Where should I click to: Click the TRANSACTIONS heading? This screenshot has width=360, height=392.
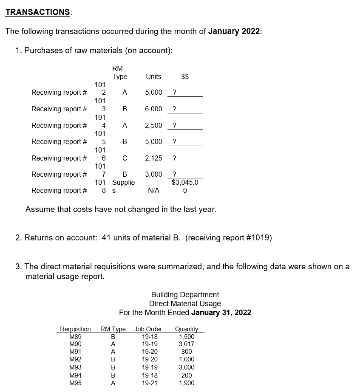click(38, 12)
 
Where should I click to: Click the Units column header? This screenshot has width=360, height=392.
click(153, 76)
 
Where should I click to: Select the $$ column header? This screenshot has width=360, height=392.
click(185, 76)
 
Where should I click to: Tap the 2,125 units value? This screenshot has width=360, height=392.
click(153, 158)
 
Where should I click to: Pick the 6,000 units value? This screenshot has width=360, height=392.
click(153, 109)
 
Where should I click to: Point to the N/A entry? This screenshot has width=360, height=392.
click(153, 191)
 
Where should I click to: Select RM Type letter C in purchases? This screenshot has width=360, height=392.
click(124, 158)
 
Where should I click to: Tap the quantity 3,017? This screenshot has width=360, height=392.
click(187, 344)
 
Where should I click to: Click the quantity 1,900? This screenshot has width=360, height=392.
click(187, 383)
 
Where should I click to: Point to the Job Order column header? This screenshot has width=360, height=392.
click(148, 329)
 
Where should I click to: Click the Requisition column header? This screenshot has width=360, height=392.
click(75, 329)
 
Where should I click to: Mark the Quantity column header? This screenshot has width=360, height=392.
click(187, 329)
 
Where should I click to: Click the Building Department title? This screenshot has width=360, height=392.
click(185, 294)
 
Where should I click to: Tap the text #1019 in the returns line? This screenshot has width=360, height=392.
click(257, 237)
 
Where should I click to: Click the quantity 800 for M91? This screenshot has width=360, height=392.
click(187, 351)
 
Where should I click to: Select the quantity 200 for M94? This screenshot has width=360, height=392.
click(187, 375)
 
